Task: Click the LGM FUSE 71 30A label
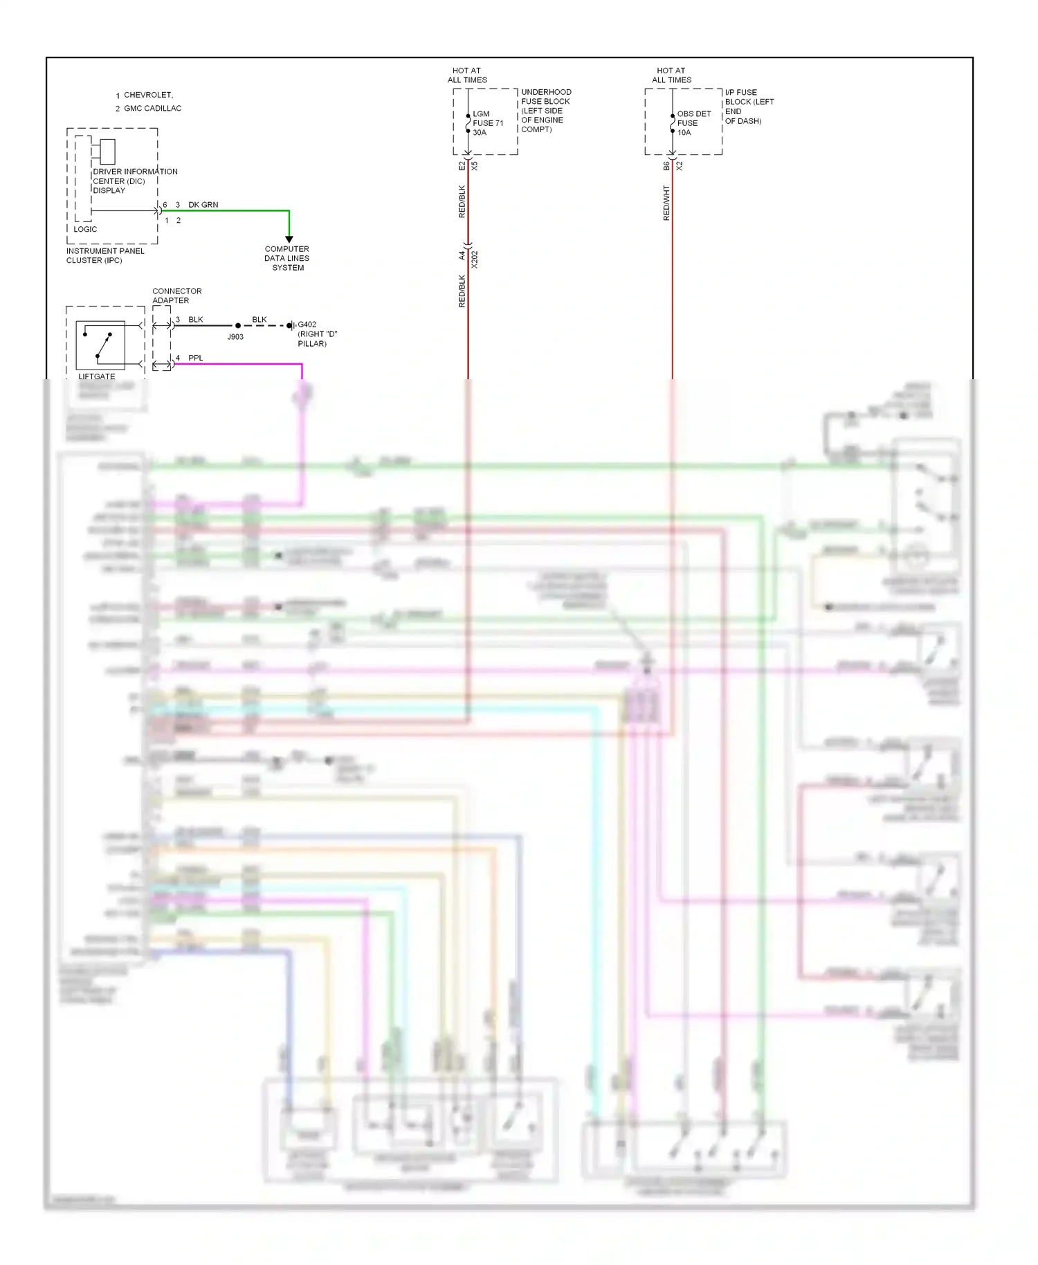487,123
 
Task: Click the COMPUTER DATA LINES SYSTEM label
287,258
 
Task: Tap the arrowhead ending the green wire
289,239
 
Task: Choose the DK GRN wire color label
203,205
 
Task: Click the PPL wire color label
196,358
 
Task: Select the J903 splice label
235,337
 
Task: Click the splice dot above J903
238,325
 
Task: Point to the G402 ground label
307,325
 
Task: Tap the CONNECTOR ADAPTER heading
176,295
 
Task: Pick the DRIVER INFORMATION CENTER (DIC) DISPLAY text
134,181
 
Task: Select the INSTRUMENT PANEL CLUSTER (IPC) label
105,255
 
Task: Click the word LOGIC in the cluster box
85,229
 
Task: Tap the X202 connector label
475,260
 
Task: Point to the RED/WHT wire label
666,203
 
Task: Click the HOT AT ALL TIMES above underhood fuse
467,75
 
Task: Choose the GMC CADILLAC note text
152,109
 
